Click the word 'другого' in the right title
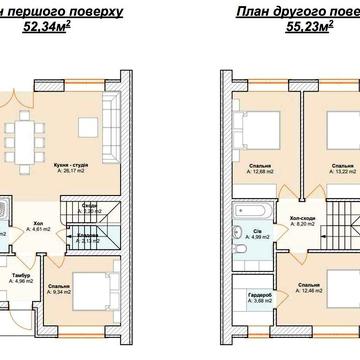point(312,11)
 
